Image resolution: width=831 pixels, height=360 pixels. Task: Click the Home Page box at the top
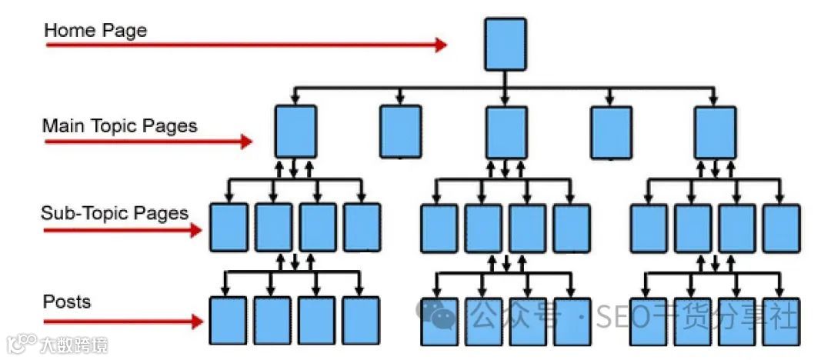point(506,44)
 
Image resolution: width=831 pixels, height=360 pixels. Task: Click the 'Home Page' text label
point(95,32)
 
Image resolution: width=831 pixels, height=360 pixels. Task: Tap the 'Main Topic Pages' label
point(119,125)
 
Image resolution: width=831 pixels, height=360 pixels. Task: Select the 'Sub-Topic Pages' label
point(115,213)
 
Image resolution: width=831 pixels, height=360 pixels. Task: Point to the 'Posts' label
point(67,301)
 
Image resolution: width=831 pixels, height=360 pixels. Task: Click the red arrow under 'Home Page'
point(246,45)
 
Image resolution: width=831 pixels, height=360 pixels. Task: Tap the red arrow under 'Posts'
point(122,321)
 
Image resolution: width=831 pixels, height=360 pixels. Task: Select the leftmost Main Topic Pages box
point(295,132)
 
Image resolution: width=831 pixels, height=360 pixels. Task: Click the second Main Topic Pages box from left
point(401,132)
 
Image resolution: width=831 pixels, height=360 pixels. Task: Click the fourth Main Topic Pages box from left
point(611,132)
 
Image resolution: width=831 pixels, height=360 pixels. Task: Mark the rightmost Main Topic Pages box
point(715,132)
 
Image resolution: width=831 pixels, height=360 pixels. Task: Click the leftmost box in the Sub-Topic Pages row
point(229,228)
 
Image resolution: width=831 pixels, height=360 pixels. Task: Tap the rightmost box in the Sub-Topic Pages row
point(781,228)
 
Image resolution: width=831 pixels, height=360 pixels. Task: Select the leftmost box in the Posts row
point(229,320)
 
